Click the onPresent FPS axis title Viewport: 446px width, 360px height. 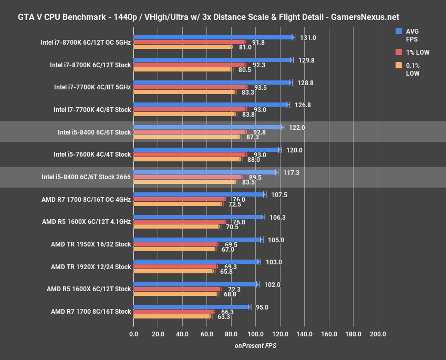(255, 345)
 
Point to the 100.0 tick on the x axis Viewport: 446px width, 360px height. (256, 334)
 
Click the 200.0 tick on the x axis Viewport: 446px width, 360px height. (378, 334)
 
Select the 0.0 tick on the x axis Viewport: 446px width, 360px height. (133, 334)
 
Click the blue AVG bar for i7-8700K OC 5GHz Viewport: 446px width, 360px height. (213, 37)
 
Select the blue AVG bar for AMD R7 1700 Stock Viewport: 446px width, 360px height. (192, 307)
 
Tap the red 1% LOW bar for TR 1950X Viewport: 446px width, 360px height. (175, 244)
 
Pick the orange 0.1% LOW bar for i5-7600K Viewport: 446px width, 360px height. (187, 159)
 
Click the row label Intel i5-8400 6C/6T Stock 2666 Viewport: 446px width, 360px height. (86, 177)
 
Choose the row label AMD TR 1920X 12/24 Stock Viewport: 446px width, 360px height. (91, 267)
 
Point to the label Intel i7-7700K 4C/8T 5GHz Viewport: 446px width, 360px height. (92, 87)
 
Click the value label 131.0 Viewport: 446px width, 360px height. (307, 38)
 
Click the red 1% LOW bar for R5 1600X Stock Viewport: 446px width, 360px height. (177, 289)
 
